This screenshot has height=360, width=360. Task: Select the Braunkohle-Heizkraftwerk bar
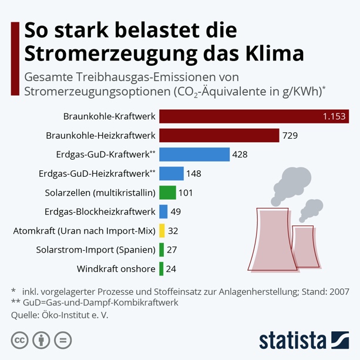point(219,136)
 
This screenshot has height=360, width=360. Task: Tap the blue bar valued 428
point(194,154)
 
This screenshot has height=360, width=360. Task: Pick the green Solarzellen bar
point(167,193)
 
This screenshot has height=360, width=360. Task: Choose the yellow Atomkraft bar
point(162,231)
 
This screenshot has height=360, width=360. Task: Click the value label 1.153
point(334,116)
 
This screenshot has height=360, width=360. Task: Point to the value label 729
point(290,136)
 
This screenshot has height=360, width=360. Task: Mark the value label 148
point(194,174)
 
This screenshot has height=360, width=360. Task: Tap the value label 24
point(171,269)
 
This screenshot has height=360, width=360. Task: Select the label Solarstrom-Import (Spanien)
point(96,250)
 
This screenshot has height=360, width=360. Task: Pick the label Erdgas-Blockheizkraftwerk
point(100,211)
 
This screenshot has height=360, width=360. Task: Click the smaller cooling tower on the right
point(307,244)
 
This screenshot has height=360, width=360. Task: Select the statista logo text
point(292,340)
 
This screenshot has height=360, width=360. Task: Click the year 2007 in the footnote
point(338,291)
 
